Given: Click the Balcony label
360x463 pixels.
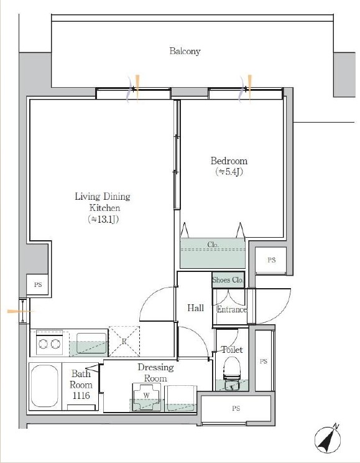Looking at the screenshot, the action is [185, 51].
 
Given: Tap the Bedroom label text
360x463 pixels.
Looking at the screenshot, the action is [229, 161].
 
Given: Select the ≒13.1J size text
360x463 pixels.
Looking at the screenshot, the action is [103, 219].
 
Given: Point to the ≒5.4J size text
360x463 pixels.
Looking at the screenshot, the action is [229, 172].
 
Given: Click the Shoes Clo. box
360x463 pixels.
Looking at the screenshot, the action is [228, 279].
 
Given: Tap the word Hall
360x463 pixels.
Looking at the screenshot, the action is [196, 308].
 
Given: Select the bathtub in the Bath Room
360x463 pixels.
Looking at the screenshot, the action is [45, 386].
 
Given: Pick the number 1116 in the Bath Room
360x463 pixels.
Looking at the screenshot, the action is [81, 395].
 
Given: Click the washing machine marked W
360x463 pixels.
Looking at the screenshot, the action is [147, 396].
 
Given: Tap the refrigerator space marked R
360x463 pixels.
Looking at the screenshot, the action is [124, 341].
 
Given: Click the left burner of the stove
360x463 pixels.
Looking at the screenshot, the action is [43, 344].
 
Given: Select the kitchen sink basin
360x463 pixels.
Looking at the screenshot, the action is [92, 343].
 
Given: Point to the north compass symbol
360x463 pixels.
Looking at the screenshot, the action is [328, 440].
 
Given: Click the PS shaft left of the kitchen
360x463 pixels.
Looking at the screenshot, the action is [37, 284].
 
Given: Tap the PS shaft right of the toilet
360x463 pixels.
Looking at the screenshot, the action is [264, 361].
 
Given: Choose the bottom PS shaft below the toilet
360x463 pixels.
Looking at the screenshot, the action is [236, 409].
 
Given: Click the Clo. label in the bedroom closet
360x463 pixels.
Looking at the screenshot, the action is [213, 245].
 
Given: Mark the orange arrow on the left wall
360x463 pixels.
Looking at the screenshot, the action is [20, 311].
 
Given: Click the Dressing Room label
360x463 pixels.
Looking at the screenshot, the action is [155, 373].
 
